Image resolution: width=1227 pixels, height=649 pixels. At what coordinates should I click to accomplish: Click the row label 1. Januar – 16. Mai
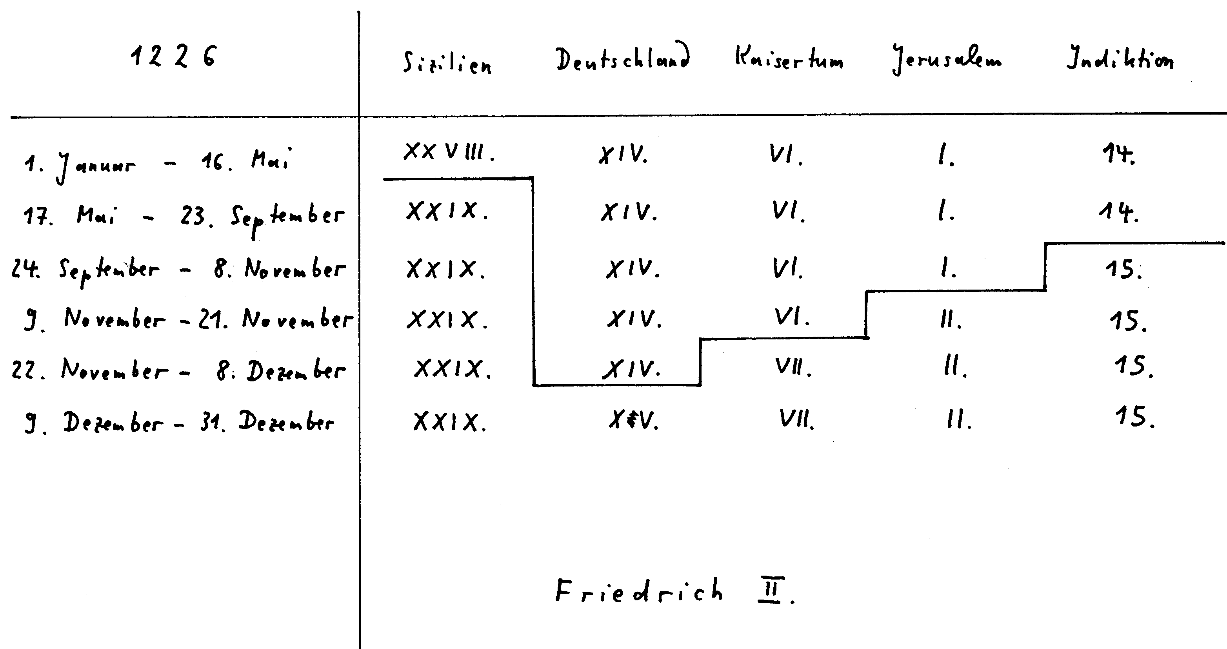pyautogui.click(x=157, y=164)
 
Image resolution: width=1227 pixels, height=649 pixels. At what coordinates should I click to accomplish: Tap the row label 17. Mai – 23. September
pyautogui.click(x=184, y=217)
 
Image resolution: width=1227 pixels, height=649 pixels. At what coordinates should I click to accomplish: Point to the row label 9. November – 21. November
pyautogui.click(x=188, y=320)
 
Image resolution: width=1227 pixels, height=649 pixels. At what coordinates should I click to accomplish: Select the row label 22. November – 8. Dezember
pyautogui.click(x=179, y=370)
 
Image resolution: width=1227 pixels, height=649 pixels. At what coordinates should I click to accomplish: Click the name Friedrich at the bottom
pyautogui.click(x=638, y=591)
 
